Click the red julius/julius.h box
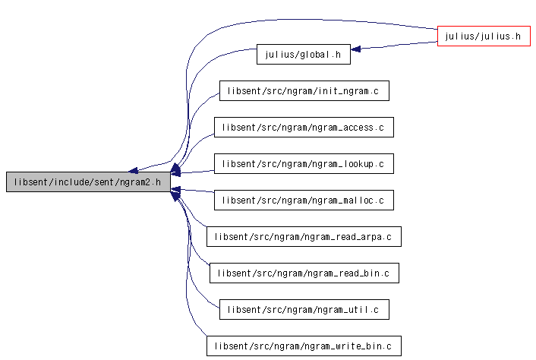tap(484, 36)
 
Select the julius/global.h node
tap(304, 54)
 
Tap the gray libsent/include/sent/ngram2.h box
tap(88, 182)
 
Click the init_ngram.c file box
tap(304, 90)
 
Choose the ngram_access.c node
tap(304, 127)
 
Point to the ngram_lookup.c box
tap(304, 164)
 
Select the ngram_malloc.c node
tap(304, 200)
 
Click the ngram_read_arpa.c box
tap(304, 236)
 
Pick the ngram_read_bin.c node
tap(304, 273)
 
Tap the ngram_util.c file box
tap(304, 310)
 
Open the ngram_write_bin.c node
tap(304, 346)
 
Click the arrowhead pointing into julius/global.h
tap(355, 49)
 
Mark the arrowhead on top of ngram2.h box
tap(134, 170)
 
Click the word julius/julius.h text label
tap(483, 36)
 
